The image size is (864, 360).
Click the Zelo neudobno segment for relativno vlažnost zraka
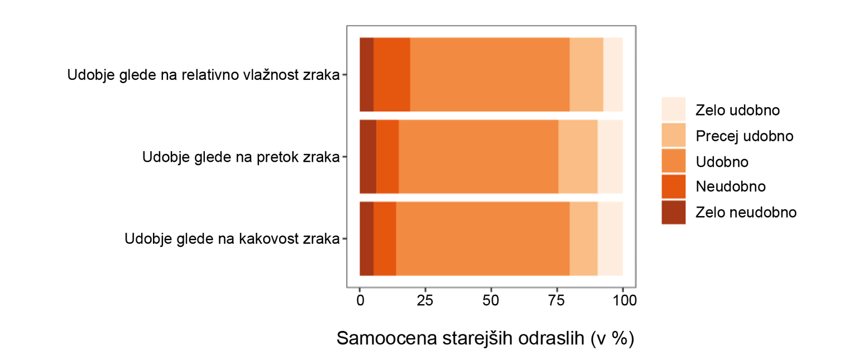366,74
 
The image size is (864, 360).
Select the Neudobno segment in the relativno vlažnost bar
391,74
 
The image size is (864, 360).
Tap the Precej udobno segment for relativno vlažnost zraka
586,74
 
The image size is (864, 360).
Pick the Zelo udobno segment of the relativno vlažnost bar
613,74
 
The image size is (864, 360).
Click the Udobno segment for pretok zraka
478,157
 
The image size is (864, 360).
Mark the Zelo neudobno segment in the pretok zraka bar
368,157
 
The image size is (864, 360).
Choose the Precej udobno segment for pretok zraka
578,157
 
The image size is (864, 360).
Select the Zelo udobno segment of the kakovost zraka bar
610,239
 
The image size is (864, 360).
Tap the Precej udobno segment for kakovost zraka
583,239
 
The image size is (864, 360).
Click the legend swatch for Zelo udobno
674,109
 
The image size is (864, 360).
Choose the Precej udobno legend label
737,136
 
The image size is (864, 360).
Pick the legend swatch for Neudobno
674,186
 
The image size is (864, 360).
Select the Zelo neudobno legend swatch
674,212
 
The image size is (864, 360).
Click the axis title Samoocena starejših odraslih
486,338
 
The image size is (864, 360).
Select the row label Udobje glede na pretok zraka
241,157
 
